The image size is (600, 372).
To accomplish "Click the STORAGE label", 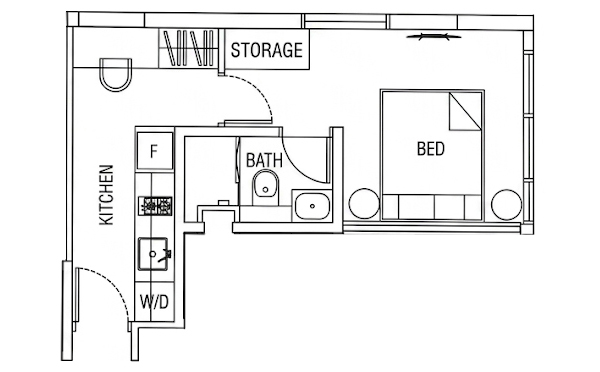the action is click(267, 50).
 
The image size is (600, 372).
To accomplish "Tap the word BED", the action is click(431, 149).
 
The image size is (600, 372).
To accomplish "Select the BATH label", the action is click(264, 160).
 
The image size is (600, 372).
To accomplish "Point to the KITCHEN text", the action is click(106, 195).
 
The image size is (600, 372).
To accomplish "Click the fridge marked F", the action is click(155, 151).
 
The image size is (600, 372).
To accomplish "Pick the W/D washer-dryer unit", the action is click(155, 302).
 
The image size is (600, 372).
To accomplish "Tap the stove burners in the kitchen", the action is click(155, 206).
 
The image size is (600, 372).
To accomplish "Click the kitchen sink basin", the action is click(153, 253).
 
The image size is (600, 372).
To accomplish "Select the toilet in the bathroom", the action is click(266, 188).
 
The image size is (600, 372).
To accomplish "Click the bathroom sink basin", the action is click(312, 206).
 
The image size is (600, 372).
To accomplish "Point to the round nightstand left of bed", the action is click(364, 204).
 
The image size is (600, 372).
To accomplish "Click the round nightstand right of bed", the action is click(506, 205).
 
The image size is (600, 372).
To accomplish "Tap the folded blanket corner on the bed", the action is click(465, 111).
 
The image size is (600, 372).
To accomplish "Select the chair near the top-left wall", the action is click(116, 75).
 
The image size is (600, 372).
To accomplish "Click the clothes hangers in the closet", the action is click(188, 48).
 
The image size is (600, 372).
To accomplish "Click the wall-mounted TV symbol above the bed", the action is click(434, 37).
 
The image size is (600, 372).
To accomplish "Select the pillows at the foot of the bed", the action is click(432, 207).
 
